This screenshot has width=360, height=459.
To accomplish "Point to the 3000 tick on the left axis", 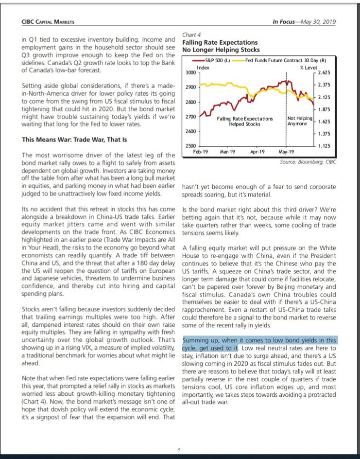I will click(190, 72).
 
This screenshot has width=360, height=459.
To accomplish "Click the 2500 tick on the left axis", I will click(190, 146).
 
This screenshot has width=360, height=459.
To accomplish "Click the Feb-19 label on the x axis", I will click(200, 152).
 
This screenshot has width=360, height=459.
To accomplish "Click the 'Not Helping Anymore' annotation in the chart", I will click(300, 121).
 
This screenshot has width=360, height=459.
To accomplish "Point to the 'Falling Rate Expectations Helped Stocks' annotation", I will click(245, 121).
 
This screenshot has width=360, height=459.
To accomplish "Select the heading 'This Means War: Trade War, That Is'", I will click(74, 140).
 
